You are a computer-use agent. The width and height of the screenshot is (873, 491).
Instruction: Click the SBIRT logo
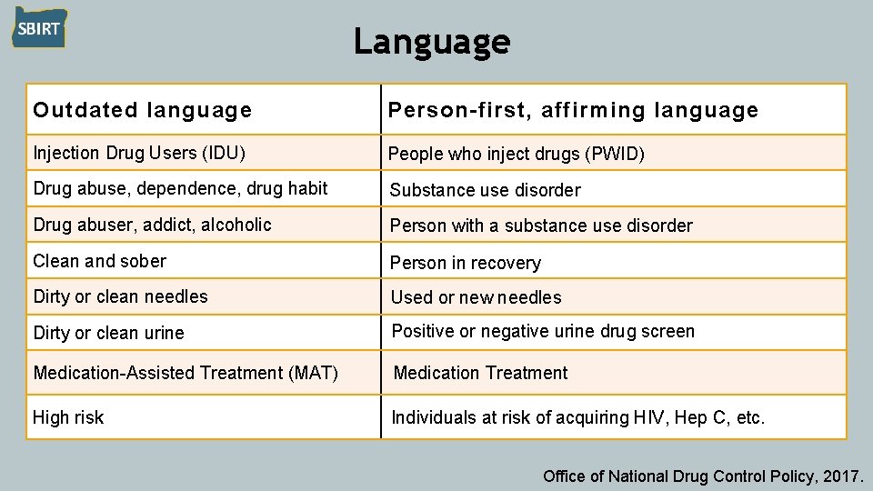click(x=39, y=28)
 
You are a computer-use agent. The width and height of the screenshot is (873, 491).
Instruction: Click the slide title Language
click(x=432, y=41)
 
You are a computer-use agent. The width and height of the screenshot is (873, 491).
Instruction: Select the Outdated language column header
click(x=142, y=111)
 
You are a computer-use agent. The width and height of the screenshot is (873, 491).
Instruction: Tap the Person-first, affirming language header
click(x=573, y=111)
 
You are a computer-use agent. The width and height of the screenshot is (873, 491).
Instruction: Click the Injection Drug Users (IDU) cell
click(x=139, y=153)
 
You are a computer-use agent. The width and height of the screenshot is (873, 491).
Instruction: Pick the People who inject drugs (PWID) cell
click(x=517, y=154)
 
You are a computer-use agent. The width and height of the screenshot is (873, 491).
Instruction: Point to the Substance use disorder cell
click(x=485, y=190)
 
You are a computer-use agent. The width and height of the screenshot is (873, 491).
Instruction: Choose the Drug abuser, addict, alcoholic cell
click(x=152, y=225)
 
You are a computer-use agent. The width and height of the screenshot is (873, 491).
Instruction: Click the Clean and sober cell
click(x=99, y=261)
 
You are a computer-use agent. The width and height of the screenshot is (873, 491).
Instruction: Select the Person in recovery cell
click(x=466, y=263)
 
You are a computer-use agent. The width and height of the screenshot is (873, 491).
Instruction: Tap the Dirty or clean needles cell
click(x=120, y=296)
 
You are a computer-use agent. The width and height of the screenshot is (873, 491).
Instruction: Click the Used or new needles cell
click(x=476, y=297)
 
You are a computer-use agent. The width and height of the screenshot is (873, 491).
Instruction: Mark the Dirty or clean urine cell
click(x=108, y=333)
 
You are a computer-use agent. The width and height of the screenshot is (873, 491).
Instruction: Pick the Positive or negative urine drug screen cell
click(x=543, y=331)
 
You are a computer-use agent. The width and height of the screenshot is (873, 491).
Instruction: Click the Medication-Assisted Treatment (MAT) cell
click(x=186, y=373)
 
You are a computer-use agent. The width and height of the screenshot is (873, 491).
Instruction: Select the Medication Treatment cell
click(x=480, y=373)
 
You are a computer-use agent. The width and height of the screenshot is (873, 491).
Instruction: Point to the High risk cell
click(x=68, y=417)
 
